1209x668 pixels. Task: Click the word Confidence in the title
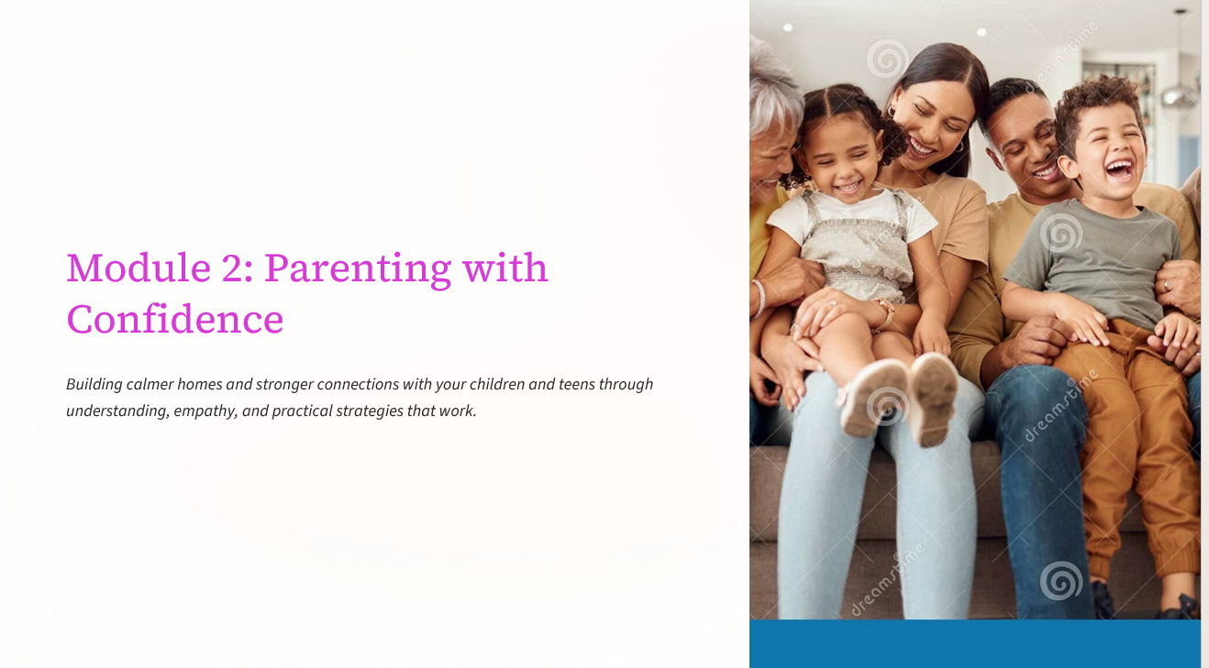(175, 319)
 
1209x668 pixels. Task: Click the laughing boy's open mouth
(1119, 168)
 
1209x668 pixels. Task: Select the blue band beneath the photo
(974, 643)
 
